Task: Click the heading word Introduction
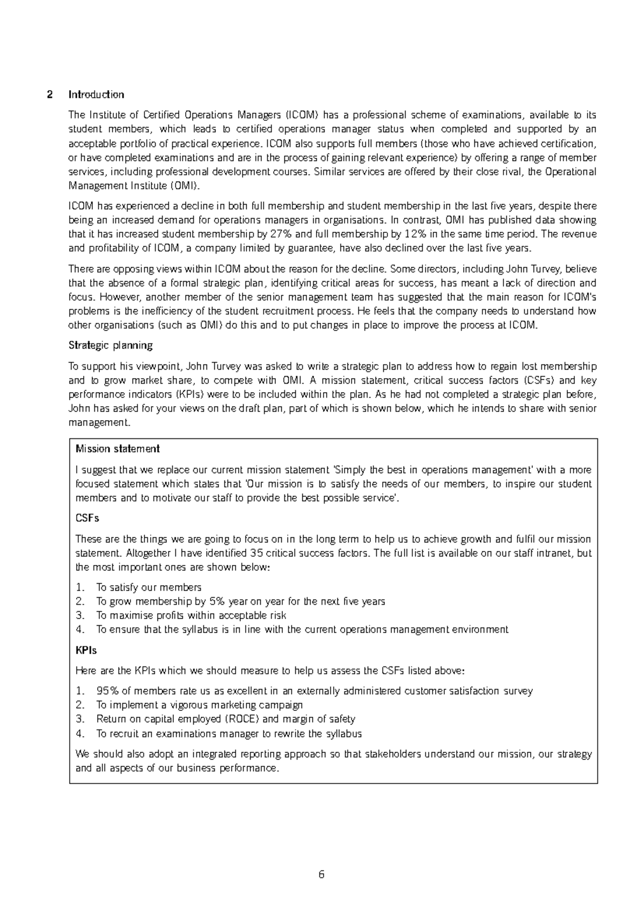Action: click(96, 95)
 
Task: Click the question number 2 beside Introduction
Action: click(49, 95)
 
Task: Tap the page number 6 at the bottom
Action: click(321, 875)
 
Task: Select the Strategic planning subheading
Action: click(111, 345)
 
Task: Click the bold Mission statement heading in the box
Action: click(118, 449)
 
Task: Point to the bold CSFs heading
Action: click(87, 518)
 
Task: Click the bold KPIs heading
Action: click(86, 650)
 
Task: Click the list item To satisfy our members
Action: click(149, 588)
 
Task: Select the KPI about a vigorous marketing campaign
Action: click(199, 705)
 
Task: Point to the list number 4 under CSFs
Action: click(79, 629)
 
